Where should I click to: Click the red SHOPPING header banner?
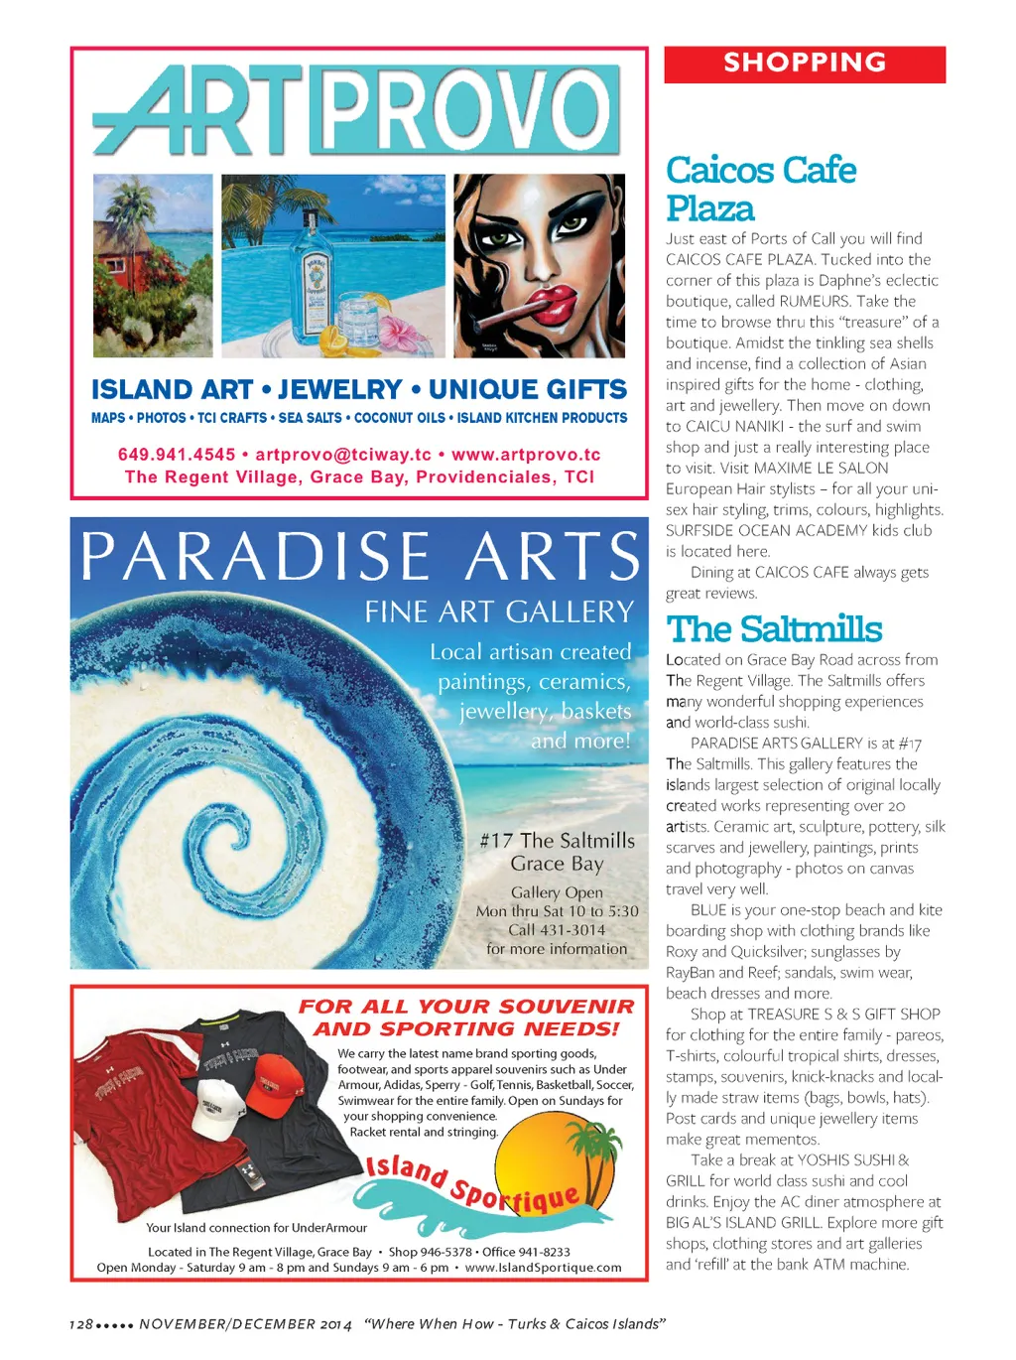[x=805, y=64]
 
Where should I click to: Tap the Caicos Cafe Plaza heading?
[x=761, y=189]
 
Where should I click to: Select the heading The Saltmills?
[x=774, y=629]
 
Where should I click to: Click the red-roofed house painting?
[x=153, y=265]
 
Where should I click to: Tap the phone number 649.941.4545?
[x=177, y=455]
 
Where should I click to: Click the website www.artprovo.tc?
[x=526, y=455]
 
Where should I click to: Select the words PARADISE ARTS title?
[x=360, y=557]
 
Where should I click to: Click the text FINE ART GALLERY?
[x=499, y=612]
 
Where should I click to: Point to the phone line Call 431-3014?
[x=557, y=930]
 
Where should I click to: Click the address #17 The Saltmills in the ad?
[x=557, y=841]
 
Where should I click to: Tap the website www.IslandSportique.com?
[x=543, y=1268]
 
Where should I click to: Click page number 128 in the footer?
[x=81, y=1324]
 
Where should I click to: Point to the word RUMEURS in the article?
[x=815, y=302]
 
